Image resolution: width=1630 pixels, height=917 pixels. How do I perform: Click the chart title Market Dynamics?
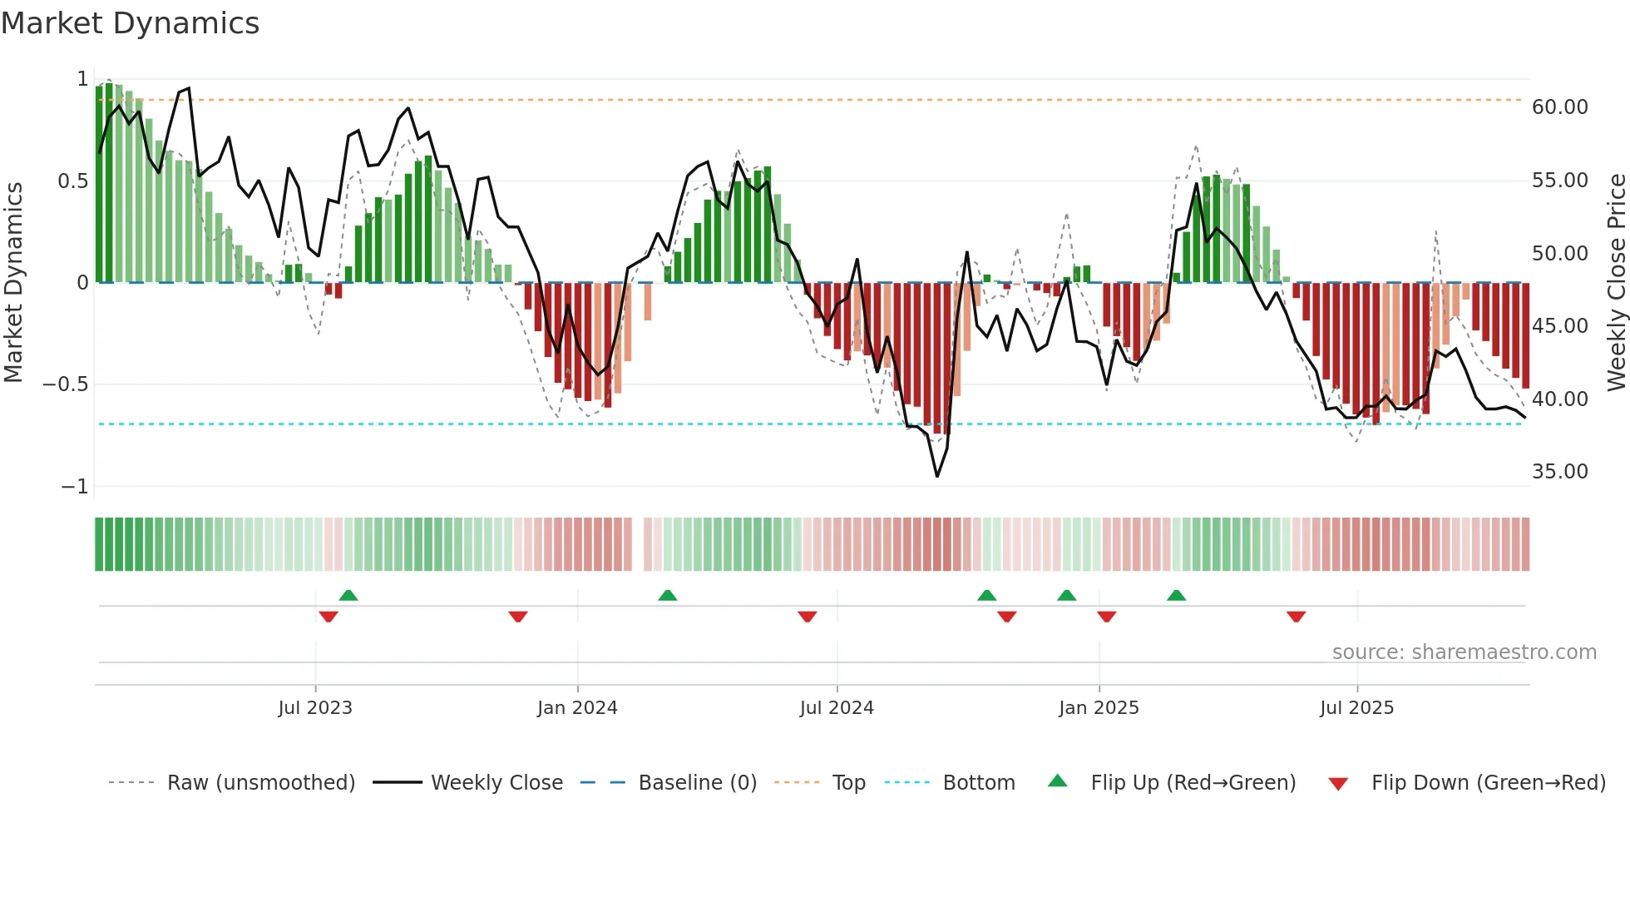(x=130, y=23)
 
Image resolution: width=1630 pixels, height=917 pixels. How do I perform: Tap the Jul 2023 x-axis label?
(x=315, y=708)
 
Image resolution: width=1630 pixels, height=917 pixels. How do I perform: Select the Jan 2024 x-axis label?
(x=577, y=708)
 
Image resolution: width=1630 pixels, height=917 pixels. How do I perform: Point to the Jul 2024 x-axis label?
(x=837, y=708)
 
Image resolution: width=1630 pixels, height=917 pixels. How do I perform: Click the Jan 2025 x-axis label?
(x=1099, y=708)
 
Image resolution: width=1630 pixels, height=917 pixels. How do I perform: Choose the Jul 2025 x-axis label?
(x=1356, y=708)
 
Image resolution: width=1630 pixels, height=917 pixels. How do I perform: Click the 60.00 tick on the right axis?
(x=1559, y=107)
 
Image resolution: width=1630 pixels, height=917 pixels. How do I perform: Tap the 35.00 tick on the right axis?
(x=1559, y=472)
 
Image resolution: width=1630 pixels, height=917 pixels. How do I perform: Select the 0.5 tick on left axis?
(x=72, y=181)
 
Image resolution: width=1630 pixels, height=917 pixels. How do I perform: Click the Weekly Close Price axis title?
(x=1616, y=282)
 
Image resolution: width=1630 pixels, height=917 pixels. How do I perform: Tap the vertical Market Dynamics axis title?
(x=13, y=282)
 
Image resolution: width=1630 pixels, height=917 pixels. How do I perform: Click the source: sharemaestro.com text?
(x=1464, y=652)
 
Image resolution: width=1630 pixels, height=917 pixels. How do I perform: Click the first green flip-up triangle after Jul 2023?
(x=348, y=596)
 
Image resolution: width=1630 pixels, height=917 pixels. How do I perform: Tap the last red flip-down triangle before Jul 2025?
(x=1296, y=617)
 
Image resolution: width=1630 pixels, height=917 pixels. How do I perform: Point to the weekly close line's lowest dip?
(x=937, y=476)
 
